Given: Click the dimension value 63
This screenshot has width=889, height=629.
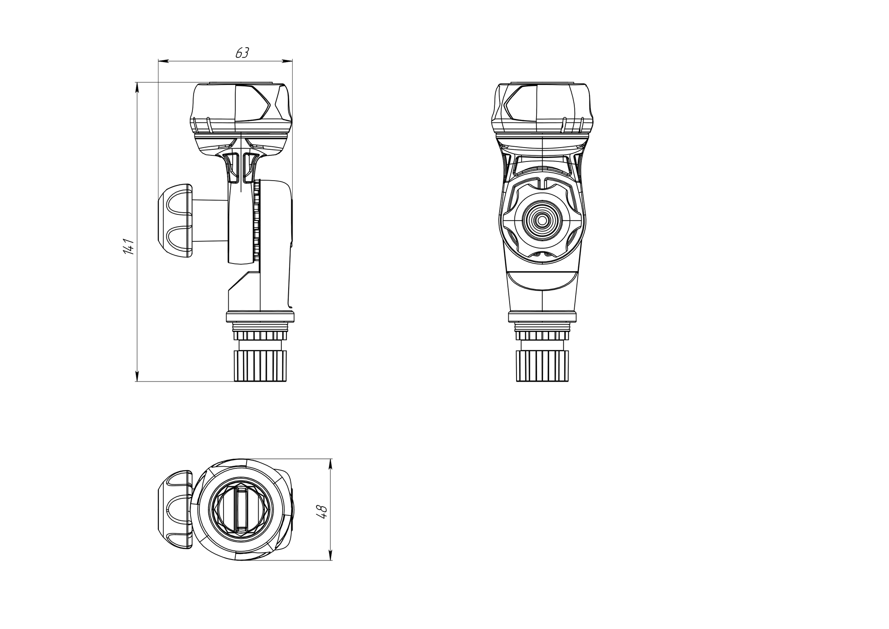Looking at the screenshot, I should tap(242, 53).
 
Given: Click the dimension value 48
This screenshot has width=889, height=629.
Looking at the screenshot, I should tap(322, 511).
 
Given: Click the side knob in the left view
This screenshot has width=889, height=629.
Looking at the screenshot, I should tap(175, 221).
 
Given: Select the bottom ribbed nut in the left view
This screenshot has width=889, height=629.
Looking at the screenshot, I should tap(260, 366).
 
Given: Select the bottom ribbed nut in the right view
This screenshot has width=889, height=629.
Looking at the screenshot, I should tap(542, 366).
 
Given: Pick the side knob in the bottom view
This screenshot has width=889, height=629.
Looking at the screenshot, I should tap(175, 509).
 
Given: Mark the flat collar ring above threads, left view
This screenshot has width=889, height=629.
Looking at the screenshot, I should tap(260, 316).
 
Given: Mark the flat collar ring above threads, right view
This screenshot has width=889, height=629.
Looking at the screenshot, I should tap(542, 316).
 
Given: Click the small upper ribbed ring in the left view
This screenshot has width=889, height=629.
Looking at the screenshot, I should tap(260, 336).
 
